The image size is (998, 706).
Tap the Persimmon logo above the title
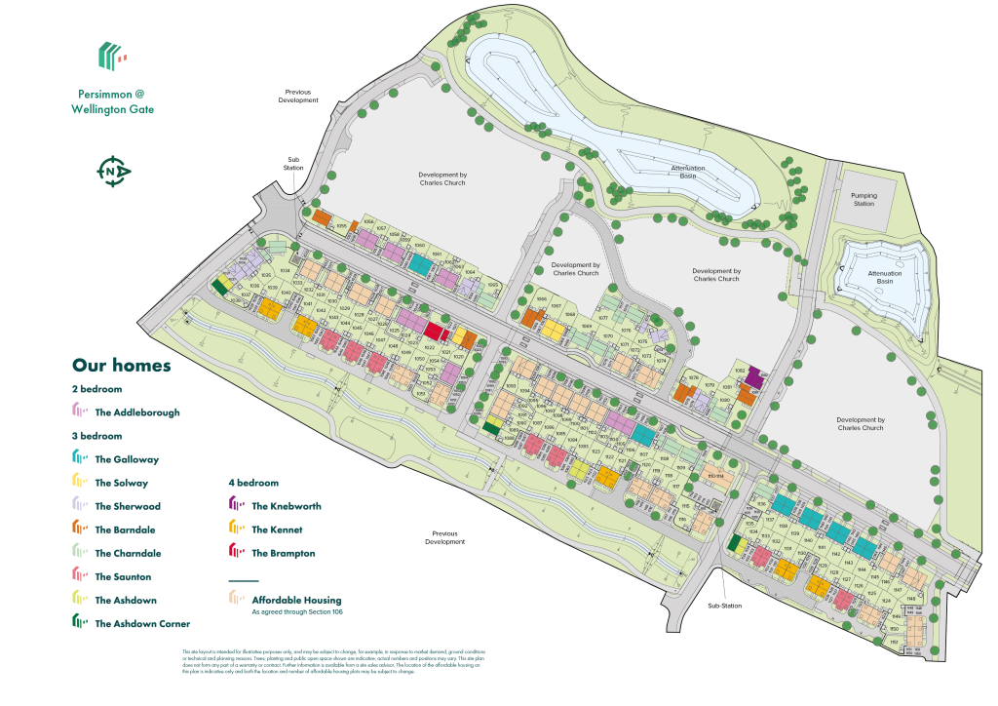113,56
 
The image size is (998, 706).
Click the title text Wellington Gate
112,110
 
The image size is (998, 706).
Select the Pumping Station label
864,200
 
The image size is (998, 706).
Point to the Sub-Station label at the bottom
725,606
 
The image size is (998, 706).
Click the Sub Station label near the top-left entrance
294,164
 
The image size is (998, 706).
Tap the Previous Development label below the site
445,537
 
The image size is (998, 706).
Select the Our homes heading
122,366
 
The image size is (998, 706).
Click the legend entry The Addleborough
137,412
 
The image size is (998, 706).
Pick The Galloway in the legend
127,459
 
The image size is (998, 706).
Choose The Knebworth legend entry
286,506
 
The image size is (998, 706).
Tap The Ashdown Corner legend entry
142,623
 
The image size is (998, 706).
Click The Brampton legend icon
235,553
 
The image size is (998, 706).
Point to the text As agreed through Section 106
297,612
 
